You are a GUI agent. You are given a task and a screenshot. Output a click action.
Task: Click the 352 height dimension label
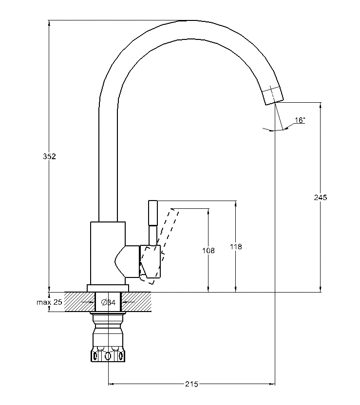[49, 156]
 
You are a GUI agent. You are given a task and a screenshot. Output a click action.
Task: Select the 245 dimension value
[321, 197]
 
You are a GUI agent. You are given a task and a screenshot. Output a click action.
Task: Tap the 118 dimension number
[236, 247]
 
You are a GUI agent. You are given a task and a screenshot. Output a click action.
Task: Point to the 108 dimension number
[208, 250]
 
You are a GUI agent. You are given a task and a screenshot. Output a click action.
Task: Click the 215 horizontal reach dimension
[191, 384]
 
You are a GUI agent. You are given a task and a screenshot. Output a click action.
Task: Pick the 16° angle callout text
[300, 120]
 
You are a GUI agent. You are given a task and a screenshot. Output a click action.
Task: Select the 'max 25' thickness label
[49, 302]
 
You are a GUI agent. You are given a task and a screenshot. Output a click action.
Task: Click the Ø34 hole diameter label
[108, 302]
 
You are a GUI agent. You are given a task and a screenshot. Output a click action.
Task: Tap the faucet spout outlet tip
[274, 102]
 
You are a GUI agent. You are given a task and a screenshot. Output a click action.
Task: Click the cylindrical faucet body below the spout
[108, 253]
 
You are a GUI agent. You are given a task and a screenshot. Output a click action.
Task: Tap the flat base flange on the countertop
[108, 288]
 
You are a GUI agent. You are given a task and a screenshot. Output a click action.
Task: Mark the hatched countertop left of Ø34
[79, 302]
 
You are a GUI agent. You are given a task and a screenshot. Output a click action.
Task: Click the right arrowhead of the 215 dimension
[272, 384]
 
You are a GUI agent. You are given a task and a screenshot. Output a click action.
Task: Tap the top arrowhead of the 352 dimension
[49, 23]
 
